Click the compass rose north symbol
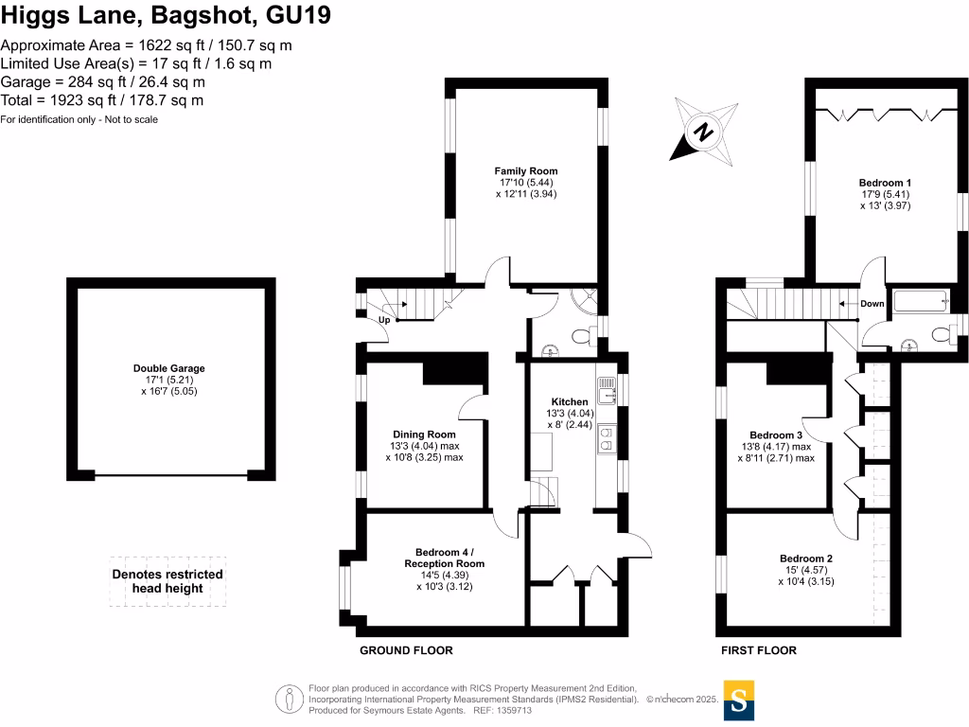(703, 132)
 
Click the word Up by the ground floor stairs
(384, 320)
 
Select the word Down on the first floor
(872, 304)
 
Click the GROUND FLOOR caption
(406, 650)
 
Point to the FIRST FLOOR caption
(758, 650)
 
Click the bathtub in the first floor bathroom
(919, 302)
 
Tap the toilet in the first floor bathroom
(941, 333)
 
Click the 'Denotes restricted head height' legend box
(167, 581)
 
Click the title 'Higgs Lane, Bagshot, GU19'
(166, 16)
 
